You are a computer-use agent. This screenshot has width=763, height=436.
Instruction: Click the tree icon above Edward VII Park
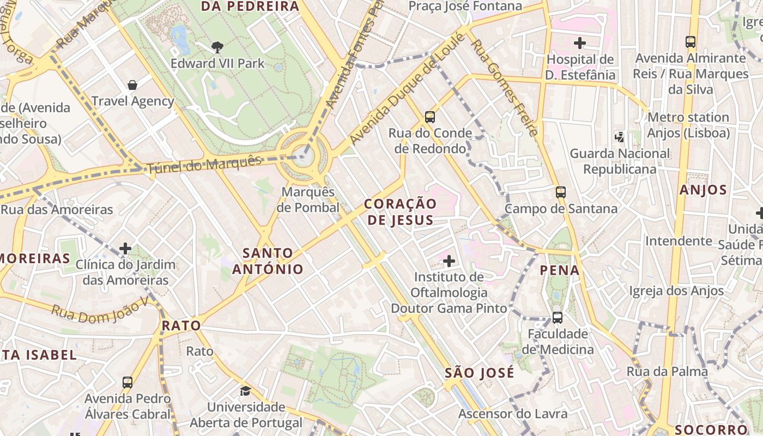point(217,47)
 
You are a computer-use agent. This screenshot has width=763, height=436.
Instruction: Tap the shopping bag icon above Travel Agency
point(132,84)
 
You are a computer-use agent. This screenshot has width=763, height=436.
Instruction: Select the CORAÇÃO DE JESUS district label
point(400,212)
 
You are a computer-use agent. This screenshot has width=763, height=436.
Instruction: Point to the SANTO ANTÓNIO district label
point(268,261)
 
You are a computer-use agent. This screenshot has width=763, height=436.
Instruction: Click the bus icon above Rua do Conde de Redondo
point(430,117)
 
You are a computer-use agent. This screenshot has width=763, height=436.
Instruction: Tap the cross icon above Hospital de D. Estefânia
point(580,43)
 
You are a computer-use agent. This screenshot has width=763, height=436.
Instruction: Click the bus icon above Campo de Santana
point(560,192)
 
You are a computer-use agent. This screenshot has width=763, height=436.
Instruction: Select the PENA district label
point(560,270)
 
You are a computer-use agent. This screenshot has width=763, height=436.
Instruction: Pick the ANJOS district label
point(703,190)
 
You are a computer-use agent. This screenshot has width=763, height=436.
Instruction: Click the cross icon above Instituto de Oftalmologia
point(449,261)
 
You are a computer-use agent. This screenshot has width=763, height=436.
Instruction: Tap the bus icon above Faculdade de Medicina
point(557,317)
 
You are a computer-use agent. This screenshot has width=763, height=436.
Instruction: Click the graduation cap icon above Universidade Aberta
point(246,391)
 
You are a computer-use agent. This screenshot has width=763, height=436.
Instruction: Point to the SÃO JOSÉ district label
point(479,373)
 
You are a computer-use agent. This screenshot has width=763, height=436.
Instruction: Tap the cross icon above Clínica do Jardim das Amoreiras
point(125,249)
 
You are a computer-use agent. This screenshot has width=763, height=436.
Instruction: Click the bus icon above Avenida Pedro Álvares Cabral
point(128,382)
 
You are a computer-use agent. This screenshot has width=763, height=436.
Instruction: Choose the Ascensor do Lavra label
point(512,414)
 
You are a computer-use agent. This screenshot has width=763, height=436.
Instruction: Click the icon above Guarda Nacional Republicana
point(619,137)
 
